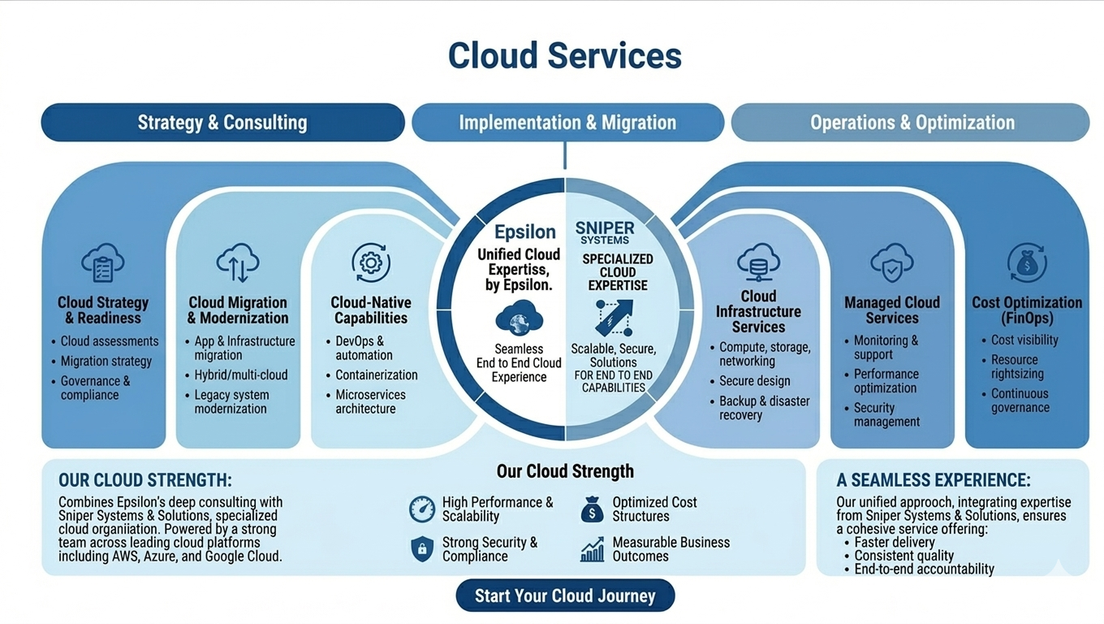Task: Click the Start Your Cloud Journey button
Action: (x=565, y=596)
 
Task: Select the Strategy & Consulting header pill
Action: (x=222, y=123)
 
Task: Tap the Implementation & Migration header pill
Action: (x=567, y=123)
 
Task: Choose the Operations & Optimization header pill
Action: (x=912, y=123)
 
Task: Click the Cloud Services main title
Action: (x=565, y=55)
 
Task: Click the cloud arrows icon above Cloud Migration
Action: (x=238, y=263)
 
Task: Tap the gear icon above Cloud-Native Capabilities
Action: (x=371, y=263)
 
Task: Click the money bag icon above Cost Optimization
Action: (x=1027, y=263)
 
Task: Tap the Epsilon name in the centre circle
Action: (x=525, y=232)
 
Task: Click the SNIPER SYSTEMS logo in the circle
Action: (x=605, y=232)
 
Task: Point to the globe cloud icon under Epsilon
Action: (x=519, y=318)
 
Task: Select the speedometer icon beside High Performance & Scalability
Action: (x=422, y=509)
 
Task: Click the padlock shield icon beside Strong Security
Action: (x=422, y=549)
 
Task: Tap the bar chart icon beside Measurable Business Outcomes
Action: (x=592, y=549)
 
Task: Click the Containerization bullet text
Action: (x=377, y=375)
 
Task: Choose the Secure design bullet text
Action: (x=754, y=380)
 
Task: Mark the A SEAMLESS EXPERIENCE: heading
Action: (x=934, y=480)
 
